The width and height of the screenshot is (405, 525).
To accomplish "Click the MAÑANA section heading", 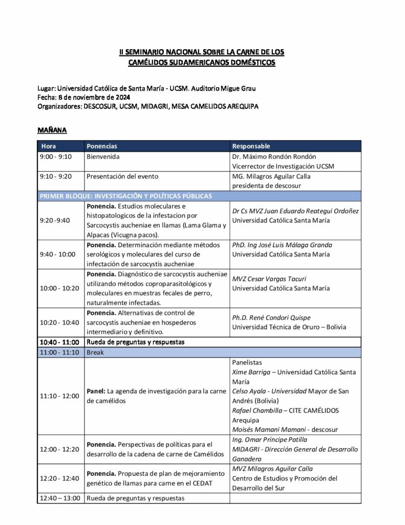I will (x=53, y=130).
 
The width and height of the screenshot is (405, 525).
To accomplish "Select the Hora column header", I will (x=49, y=146).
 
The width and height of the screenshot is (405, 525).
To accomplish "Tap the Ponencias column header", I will (x=102, y=146).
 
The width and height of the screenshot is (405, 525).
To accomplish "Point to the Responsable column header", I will (x=251, y=146).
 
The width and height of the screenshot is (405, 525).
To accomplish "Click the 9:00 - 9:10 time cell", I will (x=56, y=156).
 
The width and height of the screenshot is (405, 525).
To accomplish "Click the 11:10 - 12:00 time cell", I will (x=59, y=396).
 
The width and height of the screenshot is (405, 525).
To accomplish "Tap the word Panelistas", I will (x=246, y=362).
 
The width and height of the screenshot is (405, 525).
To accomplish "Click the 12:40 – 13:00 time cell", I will (x=60, y=498).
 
